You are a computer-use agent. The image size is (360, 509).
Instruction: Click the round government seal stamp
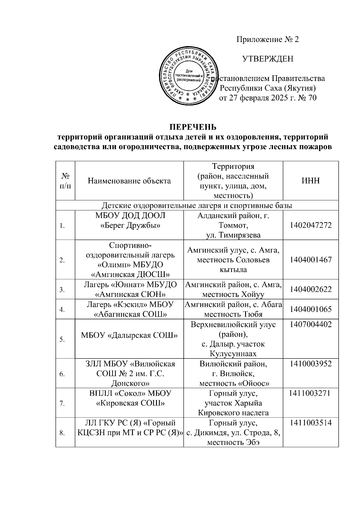(x=188, y=78)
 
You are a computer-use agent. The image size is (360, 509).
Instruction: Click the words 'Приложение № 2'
(x=268, y=40)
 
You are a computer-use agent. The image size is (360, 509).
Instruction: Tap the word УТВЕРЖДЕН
(x=268, y=59)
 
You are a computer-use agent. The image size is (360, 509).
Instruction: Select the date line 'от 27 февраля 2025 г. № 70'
(x=268, y=98)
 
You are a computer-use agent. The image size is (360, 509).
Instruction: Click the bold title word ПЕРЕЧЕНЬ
(x=193, y=127)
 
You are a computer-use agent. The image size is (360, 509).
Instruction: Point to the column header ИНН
(x=310, y=181)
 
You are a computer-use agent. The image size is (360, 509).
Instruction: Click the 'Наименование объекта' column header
(x=129, y=181)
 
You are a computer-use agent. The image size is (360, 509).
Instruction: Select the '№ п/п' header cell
(x=65, y=181)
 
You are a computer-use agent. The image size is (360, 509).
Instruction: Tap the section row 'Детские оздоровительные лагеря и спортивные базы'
(x=197, y=205)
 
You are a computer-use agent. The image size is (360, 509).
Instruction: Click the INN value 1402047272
(x=311, y=225)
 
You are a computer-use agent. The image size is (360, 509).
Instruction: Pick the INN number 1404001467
(x=311, y=259)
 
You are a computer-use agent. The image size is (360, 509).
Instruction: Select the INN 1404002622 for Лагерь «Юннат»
(x=311, y=289)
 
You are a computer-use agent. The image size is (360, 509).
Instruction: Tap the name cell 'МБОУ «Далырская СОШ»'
(x=129, y=335)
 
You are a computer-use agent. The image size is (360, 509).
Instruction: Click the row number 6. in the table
(x=62, y=374)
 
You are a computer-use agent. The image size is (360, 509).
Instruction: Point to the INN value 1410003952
(x=311, y=364)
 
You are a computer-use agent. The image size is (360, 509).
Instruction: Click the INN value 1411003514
(x=311, y=423)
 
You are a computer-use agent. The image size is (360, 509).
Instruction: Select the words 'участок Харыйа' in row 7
(x=233, y=403)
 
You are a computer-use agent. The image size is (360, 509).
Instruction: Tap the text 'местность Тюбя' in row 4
(x=233, y=314)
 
